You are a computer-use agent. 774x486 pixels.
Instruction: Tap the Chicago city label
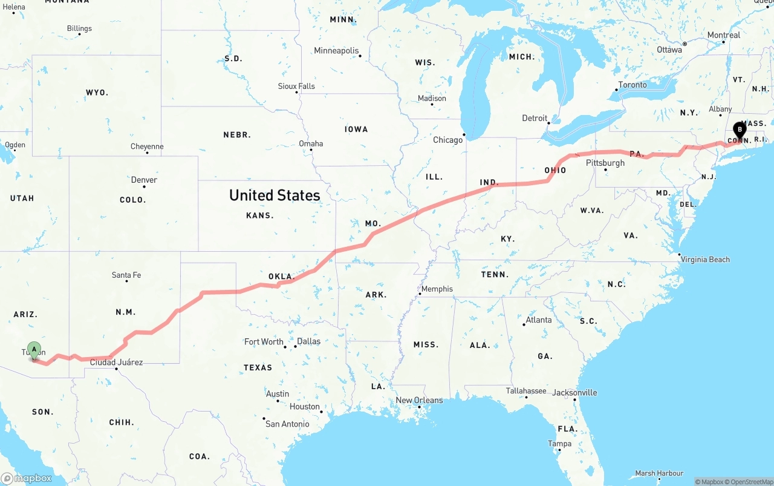point(447,140)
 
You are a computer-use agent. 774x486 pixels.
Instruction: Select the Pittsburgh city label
point(605,163)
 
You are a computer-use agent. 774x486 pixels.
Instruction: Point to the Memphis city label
point(437,289)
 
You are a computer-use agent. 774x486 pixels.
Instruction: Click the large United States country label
point(275,195)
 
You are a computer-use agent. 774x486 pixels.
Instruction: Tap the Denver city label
point(144,180)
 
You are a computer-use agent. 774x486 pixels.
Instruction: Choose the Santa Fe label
point(126,275)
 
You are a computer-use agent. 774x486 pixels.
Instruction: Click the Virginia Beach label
point(705,260)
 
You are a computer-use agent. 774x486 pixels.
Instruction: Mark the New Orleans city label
point(419,400)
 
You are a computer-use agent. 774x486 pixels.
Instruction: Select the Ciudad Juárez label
point(116,362)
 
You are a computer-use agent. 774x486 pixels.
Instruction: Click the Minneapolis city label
point(336,51)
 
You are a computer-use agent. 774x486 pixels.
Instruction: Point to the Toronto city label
point(633,85)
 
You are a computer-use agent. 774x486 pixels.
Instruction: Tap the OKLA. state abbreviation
point(281,277)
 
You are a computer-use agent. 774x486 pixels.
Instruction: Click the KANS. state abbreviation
point(260,215)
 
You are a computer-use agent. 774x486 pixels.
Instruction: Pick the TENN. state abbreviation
point(495,274)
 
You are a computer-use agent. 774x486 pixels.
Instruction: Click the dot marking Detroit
point(549,123)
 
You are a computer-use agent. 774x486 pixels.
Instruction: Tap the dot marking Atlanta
point(524,325)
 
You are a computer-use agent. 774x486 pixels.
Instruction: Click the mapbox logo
point(27,478)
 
